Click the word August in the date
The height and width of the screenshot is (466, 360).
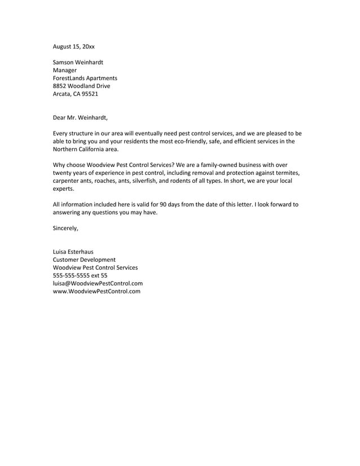(x=63, y=46)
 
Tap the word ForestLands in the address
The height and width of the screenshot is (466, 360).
(x=69, y=78)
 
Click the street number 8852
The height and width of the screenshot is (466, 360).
(x=60, y=86)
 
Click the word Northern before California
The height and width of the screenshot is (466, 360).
(x=65, y=149)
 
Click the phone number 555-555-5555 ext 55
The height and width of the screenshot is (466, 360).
(x=80, y=275)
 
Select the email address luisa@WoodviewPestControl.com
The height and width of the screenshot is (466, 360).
(x=97, y=283)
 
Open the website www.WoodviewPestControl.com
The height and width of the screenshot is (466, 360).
(x=96, y=291)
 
